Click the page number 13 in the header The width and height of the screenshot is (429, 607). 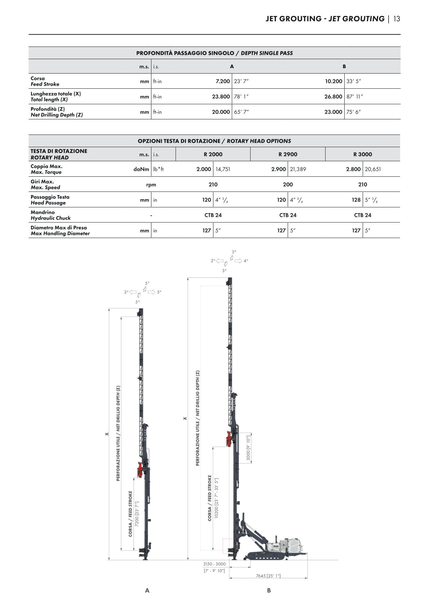point(397,19)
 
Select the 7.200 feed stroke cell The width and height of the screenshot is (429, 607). point(222,82)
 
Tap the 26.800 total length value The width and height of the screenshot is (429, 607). point(333,97)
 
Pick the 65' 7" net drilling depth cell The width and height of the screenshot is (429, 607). point(242,112)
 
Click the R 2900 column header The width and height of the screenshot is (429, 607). point(288,154)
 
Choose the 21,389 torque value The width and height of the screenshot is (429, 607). point(298,169)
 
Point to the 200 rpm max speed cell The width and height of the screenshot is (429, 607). point(288,185)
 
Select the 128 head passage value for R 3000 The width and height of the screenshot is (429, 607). point(356,200)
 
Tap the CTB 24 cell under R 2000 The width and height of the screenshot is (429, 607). point(213,215)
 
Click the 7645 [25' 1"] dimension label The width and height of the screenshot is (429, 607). point(268,576)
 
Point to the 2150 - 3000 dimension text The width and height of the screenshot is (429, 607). point(214,564)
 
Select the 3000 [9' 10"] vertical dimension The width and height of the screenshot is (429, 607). point(248,448)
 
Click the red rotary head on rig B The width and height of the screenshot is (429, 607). point(229,439)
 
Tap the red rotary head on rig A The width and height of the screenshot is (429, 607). point(140,469)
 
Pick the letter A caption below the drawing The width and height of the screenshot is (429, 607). point(147,590)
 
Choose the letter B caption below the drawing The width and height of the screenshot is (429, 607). point(269,590)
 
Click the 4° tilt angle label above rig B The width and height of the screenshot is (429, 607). point(246,261)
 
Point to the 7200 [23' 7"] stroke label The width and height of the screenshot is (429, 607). point(137,518)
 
